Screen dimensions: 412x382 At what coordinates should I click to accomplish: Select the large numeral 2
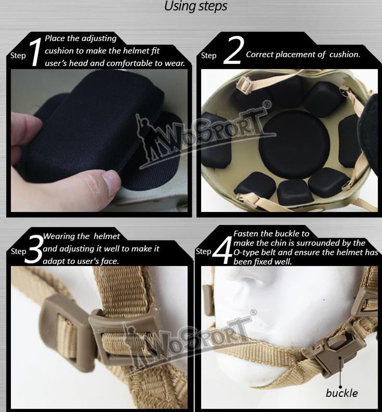(232, 53)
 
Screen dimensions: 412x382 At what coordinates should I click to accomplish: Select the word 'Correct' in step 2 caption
(261, 54)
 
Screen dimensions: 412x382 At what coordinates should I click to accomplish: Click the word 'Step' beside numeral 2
(209, 56)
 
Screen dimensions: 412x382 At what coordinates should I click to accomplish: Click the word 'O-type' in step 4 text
(246, 253)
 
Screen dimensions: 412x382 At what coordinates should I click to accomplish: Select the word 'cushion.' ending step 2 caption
(345, 54)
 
